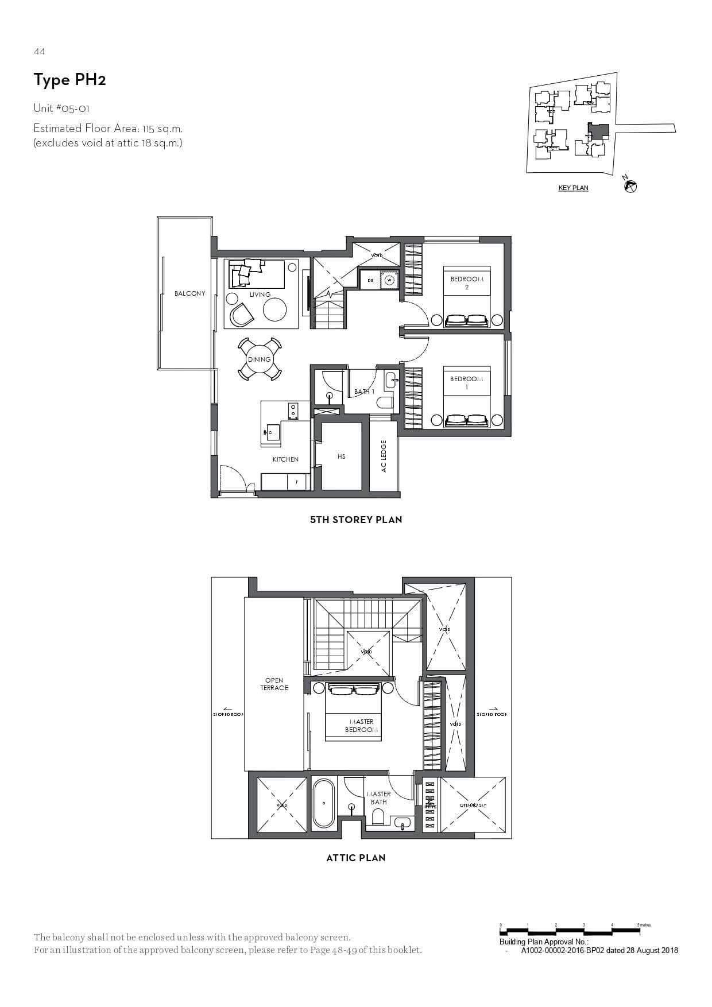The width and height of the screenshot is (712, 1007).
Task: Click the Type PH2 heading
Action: (x=69, y=80)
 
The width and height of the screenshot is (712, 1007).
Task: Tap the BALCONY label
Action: (x=189, y=293)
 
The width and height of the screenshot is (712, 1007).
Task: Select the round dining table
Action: (x=259, y=359)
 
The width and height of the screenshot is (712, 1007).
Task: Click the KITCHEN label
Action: (x=285, y=459)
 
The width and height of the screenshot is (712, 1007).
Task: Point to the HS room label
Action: (x=341, y=456)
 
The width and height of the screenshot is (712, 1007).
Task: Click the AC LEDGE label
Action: (x=384, y=456)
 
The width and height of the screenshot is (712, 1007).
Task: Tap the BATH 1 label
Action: (x=364, y=392)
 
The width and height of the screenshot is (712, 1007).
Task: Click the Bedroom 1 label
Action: (x=466, y=382)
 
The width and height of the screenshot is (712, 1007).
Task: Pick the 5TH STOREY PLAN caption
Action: (x=356, y=520)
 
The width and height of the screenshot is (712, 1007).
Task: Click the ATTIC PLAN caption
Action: (x=356, y=858)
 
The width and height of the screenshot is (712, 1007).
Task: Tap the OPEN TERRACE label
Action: (x=274, y=684)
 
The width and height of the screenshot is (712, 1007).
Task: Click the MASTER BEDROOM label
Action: (x=361, y=726)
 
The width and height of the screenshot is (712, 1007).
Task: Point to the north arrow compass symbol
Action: (x=630, y=186)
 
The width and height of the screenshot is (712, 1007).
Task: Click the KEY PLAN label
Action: (x=573, y=188)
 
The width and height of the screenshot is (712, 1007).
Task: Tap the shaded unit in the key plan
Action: (x=599, y=131)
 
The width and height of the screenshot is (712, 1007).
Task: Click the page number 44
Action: (x=39, y=52)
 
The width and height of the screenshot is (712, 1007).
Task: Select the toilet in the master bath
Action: (x=378, y=816)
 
